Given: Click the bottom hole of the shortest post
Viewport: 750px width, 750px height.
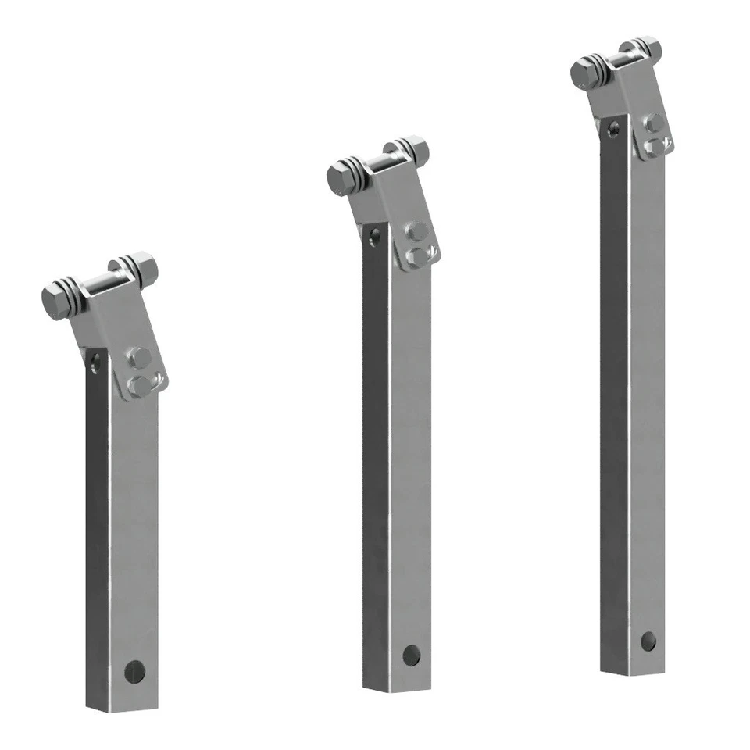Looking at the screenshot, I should tap(134, 670).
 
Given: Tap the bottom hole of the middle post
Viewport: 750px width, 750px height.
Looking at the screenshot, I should tap(411, 655).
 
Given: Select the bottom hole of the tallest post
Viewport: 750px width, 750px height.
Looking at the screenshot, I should tap(648, 641).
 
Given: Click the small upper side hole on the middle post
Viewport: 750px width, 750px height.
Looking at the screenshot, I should tap(376, 236).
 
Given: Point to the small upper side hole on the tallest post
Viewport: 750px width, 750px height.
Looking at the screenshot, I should tap(613, 129).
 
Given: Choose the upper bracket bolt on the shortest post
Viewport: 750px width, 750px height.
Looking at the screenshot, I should tap(139, 358).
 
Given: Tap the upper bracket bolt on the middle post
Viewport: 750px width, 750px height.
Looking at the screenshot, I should tap(416, 231).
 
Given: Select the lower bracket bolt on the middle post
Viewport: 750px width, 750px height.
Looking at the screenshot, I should tap(416, 256).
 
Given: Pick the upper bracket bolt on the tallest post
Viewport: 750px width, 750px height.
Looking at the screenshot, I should tap(653, 123).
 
